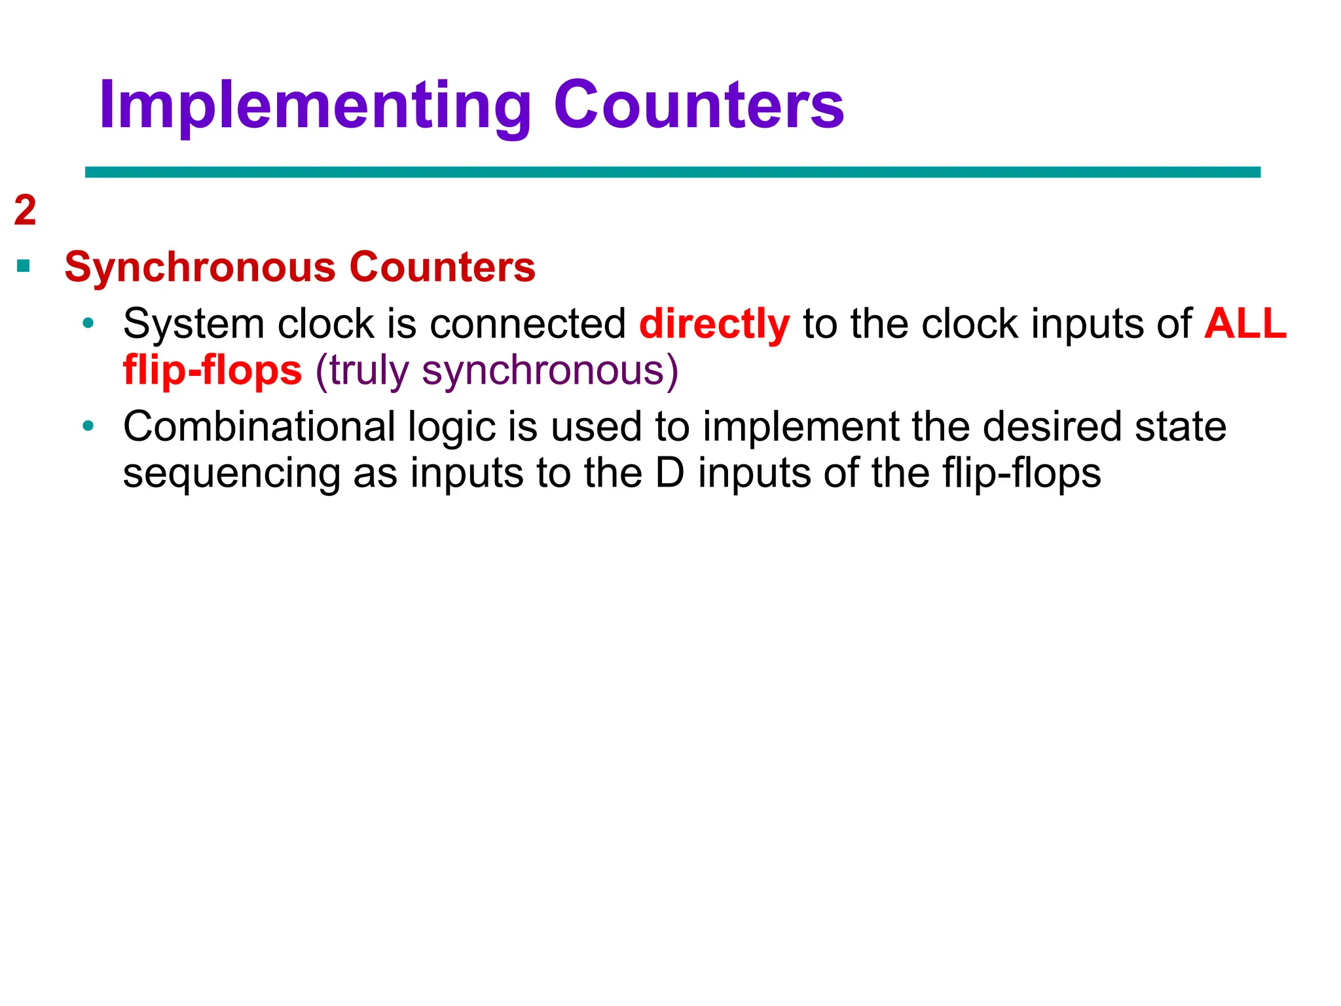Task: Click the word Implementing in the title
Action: point(315,106)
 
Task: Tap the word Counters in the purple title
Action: point(699,106)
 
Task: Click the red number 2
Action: point(25,211)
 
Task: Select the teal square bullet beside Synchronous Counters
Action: point(24,266)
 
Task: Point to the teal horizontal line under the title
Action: point(672,172)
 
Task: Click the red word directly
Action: point(714,324)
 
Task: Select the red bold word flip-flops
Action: point(213,370)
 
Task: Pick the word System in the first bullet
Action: point(193,324)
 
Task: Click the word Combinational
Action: point(259,427)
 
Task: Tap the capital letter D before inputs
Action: point(669,473)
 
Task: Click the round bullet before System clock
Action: point(88,324)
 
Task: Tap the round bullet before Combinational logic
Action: point(88,427)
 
